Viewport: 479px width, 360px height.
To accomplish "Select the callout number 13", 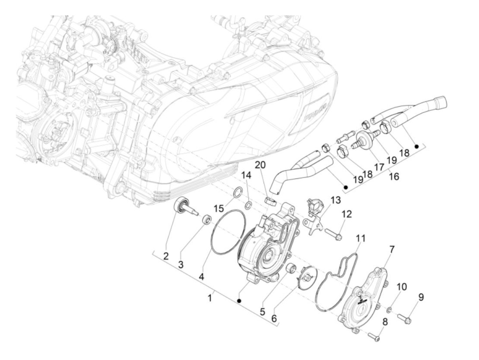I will pyautogui.click(x=336, y=200).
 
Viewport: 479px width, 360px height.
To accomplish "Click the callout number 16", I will pyautogui.click(x=394, y=176).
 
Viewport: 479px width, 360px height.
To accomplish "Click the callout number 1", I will pyautogui.click(x=210, y=299).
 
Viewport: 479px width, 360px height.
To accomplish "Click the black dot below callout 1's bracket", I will pyautogui.click(x=239, y=301).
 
